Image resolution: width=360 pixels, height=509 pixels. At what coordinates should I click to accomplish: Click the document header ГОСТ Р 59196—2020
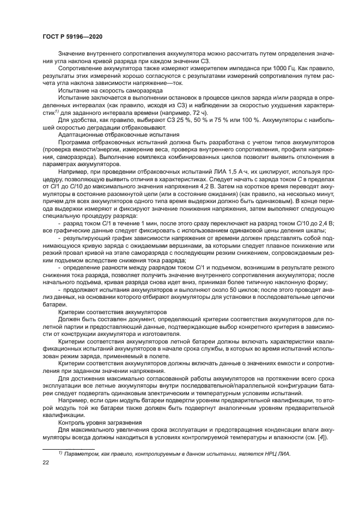(x=72, y=36)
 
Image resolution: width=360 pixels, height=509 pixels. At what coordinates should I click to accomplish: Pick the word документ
(x=116, y=320)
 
